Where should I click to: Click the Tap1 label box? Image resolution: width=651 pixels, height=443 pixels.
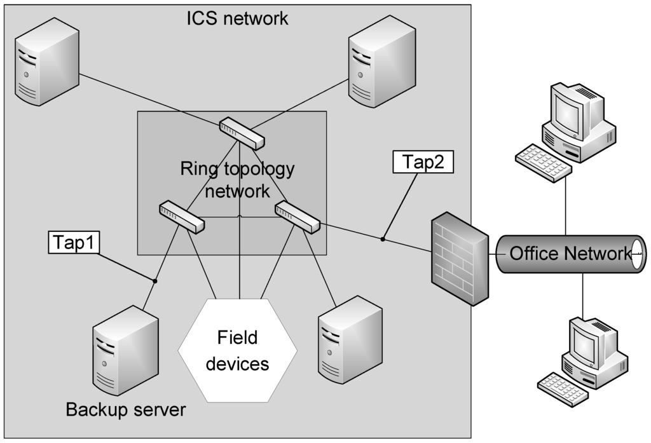(74, 242)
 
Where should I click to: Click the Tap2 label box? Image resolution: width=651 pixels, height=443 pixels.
(423, 161)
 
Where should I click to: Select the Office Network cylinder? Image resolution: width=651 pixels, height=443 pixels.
(568, 254)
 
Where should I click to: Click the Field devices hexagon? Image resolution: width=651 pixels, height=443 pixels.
(238, 350)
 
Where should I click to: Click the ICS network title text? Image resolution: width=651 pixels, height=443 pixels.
(237, 18)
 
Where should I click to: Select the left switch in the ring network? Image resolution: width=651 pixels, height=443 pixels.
(182, 216)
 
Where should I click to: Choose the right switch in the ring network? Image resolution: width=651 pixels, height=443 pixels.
(298, 217)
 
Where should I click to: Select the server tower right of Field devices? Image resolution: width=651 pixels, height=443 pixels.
(350, 344)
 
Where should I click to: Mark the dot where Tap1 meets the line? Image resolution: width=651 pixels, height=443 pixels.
(154, 280)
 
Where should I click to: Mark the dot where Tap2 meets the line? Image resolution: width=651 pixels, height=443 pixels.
(383, 239)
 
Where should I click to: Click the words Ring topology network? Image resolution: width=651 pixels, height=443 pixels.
(237, 180)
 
